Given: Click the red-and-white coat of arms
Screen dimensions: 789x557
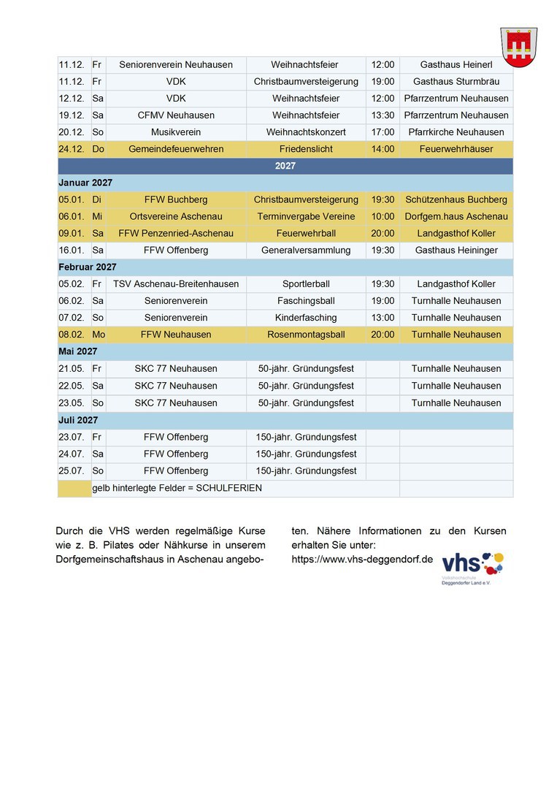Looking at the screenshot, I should coord(518,47).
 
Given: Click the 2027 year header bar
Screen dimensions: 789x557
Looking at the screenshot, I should coord(285,166).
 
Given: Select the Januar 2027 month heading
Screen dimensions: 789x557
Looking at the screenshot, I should coord(85,183).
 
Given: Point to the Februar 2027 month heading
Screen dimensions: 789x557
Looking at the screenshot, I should coord(88,267).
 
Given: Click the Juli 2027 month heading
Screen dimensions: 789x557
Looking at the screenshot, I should coord(78,420).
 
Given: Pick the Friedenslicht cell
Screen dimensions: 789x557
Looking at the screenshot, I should coord(306,149).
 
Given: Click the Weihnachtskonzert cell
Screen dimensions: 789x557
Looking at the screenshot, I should coord(306,132).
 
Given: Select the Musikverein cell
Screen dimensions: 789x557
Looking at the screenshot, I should coord(176,132).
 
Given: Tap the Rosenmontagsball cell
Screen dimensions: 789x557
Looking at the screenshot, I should coord(306,335).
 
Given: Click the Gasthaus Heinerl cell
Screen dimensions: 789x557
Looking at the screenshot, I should coord(456,64).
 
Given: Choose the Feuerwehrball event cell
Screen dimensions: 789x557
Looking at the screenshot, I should coord(306,234).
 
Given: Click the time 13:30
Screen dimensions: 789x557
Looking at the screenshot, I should coord(383,115).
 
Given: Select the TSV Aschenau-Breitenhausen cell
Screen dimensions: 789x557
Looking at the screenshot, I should coord(176,284).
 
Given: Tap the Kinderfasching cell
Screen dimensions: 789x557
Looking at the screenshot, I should coord(306,318).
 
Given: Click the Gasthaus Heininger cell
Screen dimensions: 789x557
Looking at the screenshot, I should coord(456,251).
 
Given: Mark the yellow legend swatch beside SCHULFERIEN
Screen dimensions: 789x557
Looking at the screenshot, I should coord(74,488).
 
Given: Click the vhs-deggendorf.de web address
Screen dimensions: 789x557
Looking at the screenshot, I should coord(362,559).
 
